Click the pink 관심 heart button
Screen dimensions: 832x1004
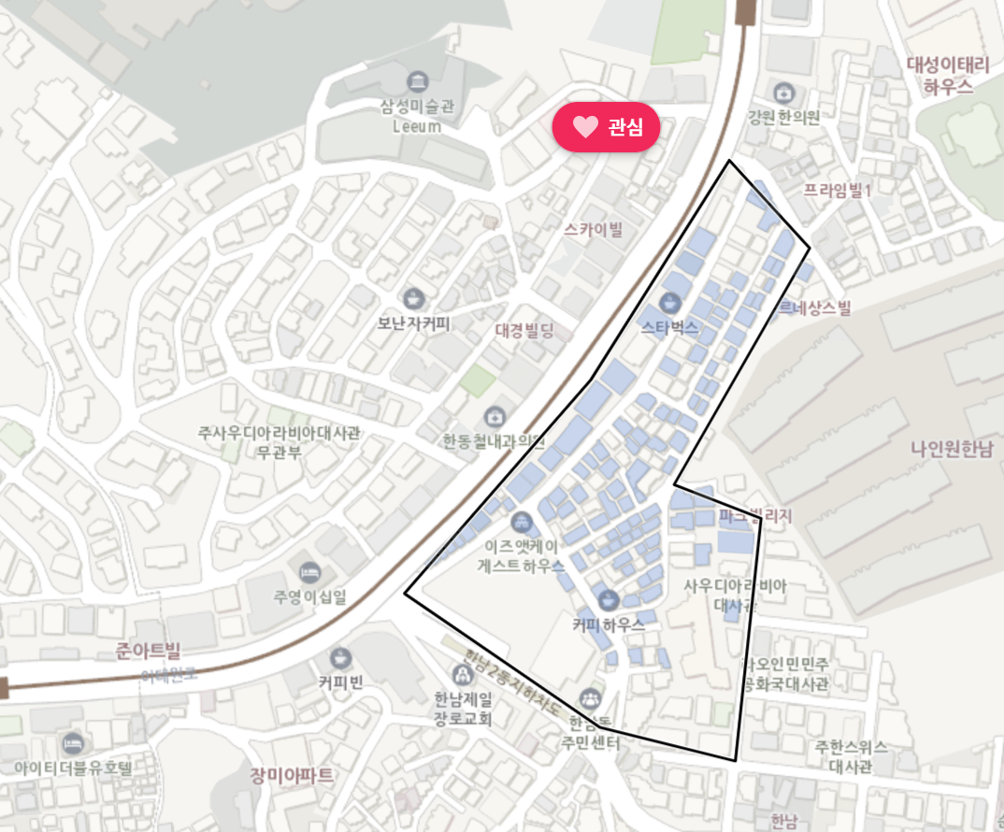[606, 127]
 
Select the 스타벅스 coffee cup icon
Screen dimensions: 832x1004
[669, 302]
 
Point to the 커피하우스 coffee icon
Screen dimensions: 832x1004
[609, 599]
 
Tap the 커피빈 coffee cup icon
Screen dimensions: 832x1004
[339, 657]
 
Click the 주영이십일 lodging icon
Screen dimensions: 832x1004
[308, 571]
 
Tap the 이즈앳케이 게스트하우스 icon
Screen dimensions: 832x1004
[522, 521]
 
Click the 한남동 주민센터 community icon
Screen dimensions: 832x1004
[589, 697]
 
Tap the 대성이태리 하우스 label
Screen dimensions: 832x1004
[948, 76]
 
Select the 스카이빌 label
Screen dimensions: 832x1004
[594, 228]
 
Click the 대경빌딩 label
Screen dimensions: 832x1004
[524, 330]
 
